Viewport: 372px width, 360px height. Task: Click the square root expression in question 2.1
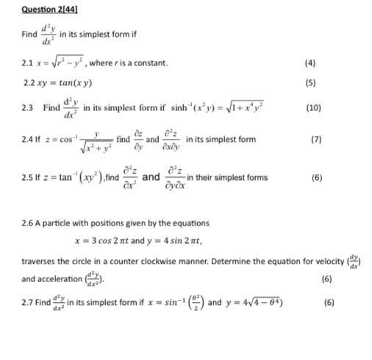click(x=62, y=62)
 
